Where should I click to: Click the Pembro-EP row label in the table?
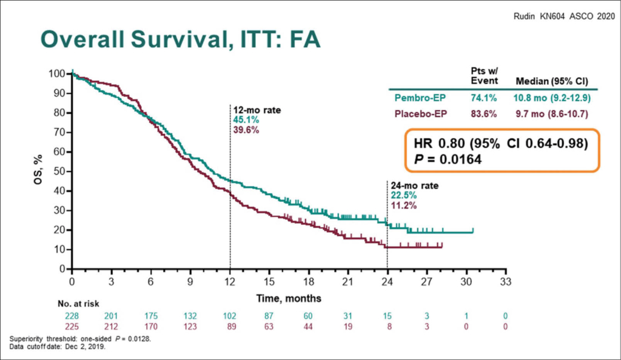(x=421, y=97)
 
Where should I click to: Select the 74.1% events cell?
(x=483, y=97)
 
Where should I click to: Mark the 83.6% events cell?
(x=483, y=113)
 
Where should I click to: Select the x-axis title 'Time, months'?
(x=289, y=298)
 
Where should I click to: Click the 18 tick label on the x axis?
(x=308, y=281)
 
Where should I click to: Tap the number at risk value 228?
(x=72, y=316)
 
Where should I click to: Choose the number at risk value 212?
(x=111, y=326)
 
